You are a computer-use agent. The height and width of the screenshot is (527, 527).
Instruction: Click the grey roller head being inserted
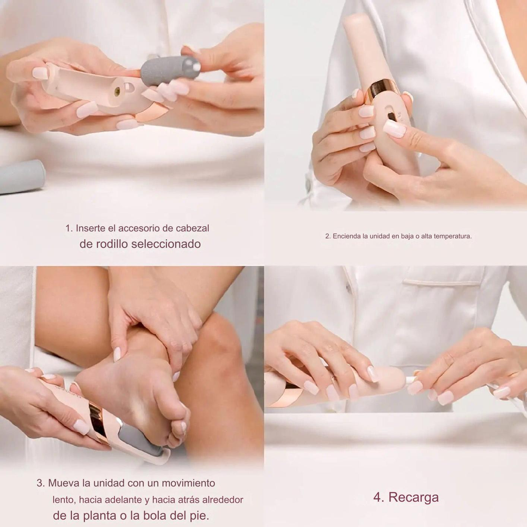(x=170, y=70)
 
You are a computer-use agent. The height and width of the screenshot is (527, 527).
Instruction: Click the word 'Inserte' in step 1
(x=91, y=228)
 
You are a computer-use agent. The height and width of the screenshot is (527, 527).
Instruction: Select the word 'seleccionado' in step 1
(x=166, y=244)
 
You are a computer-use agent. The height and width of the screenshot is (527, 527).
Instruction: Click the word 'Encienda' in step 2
(x=347, y=236)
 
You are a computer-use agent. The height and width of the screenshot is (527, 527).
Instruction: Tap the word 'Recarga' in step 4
(x=413, y=497)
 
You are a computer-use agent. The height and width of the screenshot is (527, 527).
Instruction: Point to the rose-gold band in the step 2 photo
(x=383, y=90)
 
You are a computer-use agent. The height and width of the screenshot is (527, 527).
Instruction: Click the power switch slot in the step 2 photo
(x=390, y=116)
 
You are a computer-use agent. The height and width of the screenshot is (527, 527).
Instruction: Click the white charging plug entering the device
(x=411, y=380)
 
